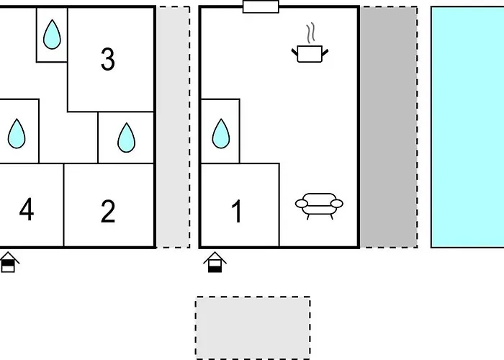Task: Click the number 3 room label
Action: (108, 60)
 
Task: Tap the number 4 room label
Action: (27, 210)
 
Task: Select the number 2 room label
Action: (108, 211)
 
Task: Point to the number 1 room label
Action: (237, 211)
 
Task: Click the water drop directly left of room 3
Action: (52, 35)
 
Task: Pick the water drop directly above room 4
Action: (17, 134)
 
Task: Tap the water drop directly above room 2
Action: (126, 138)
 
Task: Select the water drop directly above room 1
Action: (221, 134)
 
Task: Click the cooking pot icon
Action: (310, 54)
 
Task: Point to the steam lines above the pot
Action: (310, 33)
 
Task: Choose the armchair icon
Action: (319, 206)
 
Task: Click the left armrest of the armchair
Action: (302, 204)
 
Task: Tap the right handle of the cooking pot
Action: (325, 53)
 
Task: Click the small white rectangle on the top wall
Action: (261, 6)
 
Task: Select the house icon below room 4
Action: (9, 262)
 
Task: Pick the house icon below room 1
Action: (215, 262)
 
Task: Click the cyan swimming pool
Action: (467, 127)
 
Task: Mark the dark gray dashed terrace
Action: (389, 127)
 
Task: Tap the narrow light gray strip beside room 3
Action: (173, 127)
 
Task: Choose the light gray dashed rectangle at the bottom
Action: (253, 328)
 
